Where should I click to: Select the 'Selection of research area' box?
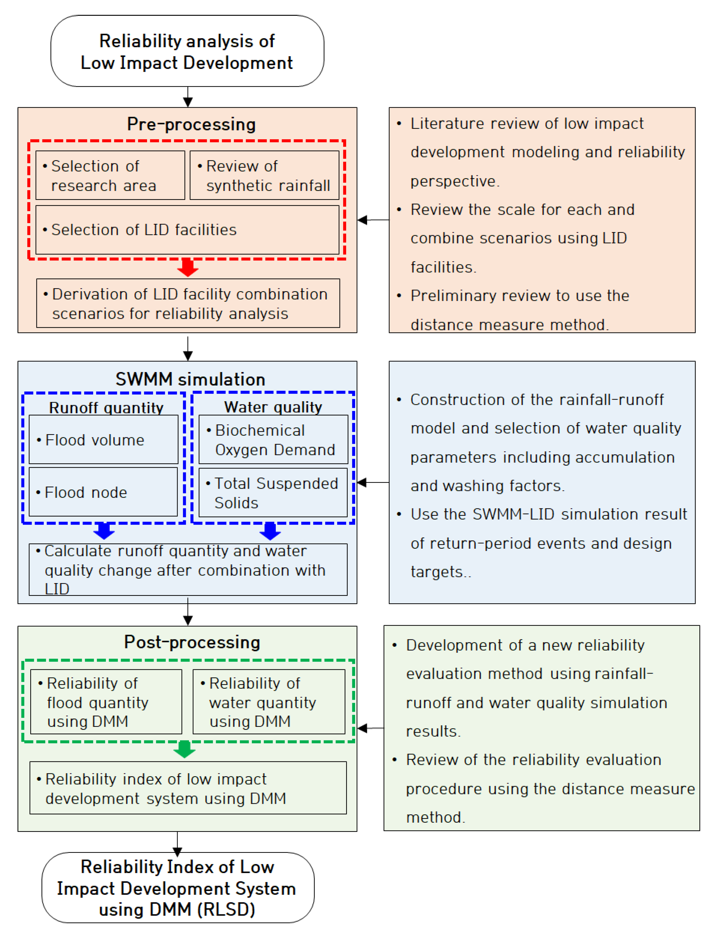pos(110,175)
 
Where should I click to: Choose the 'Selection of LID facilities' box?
pos(187,230)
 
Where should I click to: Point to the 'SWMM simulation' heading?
pos(190,379)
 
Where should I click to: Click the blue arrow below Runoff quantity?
pos(104,531)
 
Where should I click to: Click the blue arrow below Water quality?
pos(270,531)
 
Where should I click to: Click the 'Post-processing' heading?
pos(192,642)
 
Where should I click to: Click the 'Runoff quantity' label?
pos(106,408)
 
